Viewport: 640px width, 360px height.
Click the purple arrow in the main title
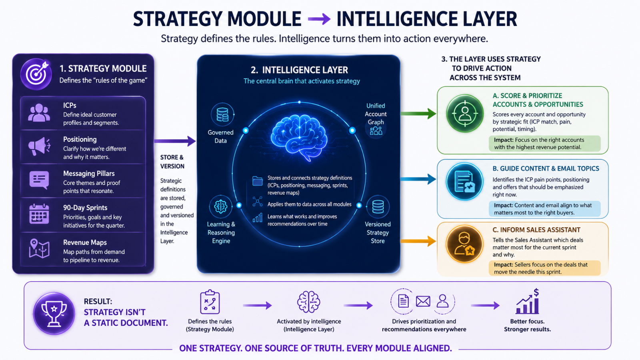(x=319, y=20)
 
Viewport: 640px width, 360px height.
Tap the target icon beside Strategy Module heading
(x=36, y=74)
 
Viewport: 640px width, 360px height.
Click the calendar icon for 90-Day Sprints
(x=39, y=214)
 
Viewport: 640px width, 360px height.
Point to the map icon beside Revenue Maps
(x=39, y=248)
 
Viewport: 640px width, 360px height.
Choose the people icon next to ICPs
(x=39, y=113)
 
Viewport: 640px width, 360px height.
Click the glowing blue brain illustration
(x=299, y=138)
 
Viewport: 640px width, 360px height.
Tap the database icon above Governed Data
(x=222, y=114)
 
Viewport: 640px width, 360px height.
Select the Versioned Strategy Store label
(x=378, y=232)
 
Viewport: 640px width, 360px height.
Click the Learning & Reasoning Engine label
(x=221, y=232)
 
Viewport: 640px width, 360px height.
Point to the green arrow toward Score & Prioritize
(x=418, y=114)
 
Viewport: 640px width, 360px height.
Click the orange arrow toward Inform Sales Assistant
(x=418, y=241)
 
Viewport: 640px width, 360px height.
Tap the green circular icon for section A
(x=464, y=114)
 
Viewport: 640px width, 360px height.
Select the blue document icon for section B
(x=464, y=182)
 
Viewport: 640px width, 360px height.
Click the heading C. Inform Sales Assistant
(x=536, y=230)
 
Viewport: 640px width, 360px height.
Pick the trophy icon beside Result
(x=54, y=314)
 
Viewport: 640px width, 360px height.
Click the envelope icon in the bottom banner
(x=423, y=301)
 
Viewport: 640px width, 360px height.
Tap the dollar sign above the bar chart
(x=536, y=292)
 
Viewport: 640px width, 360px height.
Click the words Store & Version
(x=172, y=162)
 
